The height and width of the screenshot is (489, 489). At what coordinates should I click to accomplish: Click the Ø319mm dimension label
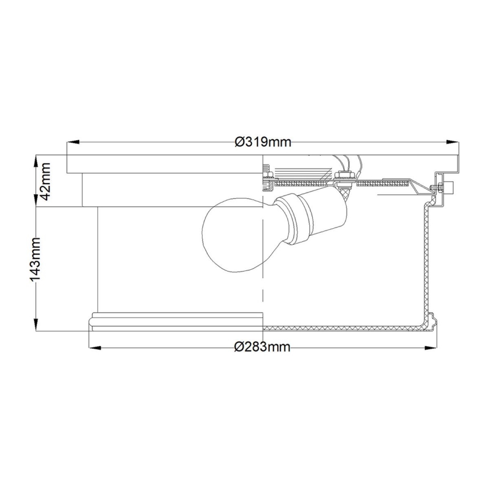(263, 142)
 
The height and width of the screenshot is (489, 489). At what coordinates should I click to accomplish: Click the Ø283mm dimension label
(263, 347)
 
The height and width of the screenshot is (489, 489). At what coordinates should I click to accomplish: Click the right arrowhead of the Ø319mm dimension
(455, 142)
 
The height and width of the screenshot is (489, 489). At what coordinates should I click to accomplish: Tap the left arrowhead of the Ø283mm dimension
(92, 347)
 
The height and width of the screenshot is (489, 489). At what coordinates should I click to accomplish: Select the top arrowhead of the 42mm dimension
(37, 159)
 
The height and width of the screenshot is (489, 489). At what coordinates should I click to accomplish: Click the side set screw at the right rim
(447, 186)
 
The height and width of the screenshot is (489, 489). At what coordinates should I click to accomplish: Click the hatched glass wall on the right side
(425, 259)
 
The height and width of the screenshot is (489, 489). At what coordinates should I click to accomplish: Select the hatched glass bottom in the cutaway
(338, 328)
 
